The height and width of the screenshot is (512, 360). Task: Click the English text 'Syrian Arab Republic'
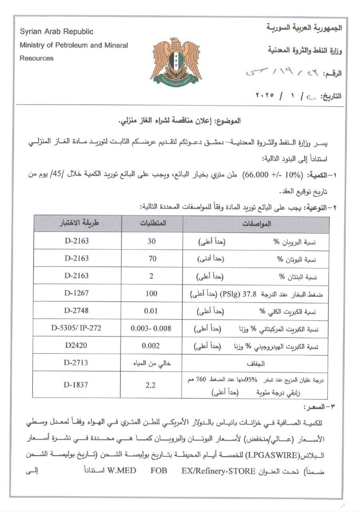56,32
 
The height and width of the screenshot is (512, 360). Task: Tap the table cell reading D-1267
76,294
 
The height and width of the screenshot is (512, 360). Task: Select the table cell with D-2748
76,310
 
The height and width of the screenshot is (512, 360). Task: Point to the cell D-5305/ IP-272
76,328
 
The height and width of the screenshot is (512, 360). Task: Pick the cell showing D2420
76,346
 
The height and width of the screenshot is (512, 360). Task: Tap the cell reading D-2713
76,363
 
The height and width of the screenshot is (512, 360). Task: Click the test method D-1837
76,385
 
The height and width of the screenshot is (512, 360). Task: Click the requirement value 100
151,294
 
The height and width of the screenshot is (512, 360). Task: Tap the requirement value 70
152,258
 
